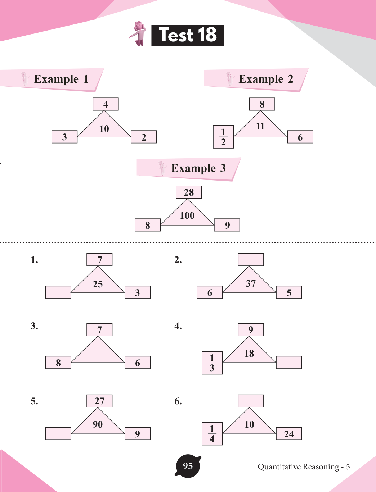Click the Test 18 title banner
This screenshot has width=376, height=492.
(x=187, y=35)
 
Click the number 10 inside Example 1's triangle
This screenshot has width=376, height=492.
(x=104, y=129)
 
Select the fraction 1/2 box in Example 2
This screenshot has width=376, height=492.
(x=223, y=137)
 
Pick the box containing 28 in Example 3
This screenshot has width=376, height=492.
(x=189, y=192)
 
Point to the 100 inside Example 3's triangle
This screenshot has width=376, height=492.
(x=187, y=215)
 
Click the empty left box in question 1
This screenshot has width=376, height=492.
(x=58, y=292)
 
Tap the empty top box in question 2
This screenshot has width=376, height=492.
(x=251, y=259)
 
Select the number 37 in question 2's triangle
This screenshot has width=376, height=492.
(x=251, y=284)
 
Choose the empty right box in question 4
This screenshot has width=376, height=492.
(x=289, y=362)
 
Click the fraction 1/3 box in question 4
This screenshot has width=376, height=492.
(x=212, y=363)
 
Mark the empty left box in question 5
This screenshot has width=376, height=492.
(x=58, y=433)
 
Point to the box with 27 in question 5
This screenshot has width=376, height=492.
(x=99, y=401)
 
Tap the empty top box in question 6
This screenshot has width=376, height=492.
(x=251, y=401)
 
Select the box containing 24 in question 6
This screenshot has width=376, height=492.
(x=289, y=434)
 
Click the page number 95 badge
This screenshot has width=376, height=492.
(x=188, y=466)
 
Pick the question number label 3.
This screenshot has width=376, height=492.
(x=34, y=326)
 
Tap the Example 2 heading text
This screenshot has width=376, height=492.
(x=266, y=79)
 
